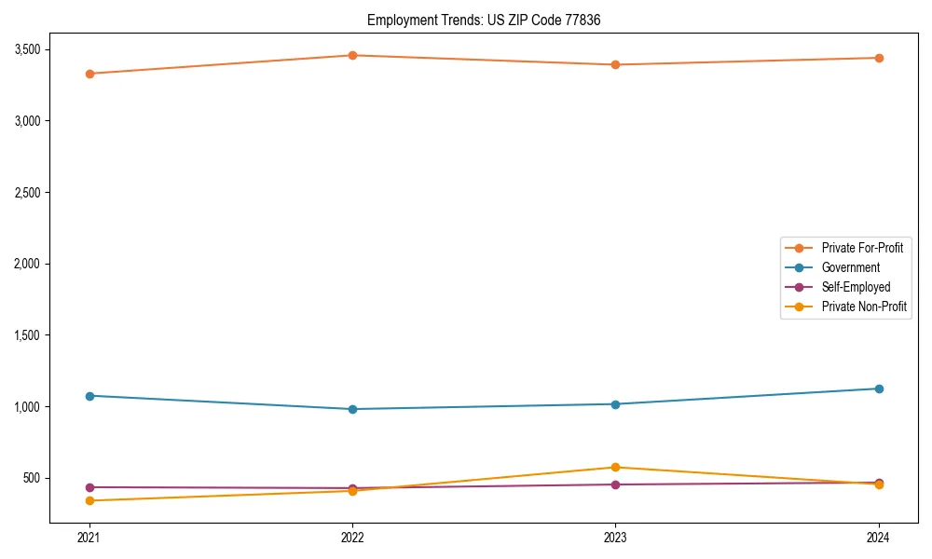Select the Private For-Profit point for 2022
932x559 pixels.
pyautogui.click(x=352, y=55)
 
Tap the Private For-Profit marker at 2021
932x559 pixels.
pyautogui.click(x=89, y=74)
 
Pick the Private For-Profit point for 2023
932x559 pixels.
pyautogui.click(x=615, y=64)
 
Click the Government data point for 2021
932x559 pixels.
pyautogui.click(x=89, y=396)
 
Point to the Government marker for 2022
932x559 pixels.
pyautogui.click(x=352, y=409)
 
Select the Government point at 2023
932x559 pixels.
pyautogui.click(x=615, y=404)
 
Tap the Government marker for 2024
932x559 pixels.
pyautogui.click(x=879, y=389)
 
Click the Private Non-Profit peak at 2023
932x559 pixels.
pyautogui.click(x=615, y=468)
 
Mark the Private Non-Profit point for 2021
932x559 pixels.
pyautogui.click(x=89, y=500)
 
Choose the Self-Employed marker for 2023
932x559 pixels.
pyautogui.click(x=615, y=484)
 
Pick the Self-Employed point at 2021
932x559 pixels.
pyautogui.click(x=89, y=487)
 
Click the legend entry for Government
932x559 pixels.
pyautogui.click(x=850, y=267)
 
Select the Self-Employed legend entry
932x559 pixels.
pyautogui.click(x=856, y=287)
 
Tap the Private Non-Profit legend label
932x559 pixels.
pyautogui.click(x=864, y=307)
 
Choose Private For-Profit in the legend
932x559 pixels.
pyautogui.click(x=862, y=248)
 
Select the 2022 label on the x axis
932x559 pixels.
pyautogui.click(x=352, y=538)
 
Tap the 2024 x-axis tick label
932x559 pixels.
pyautogui.click(x=879, y=538)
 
